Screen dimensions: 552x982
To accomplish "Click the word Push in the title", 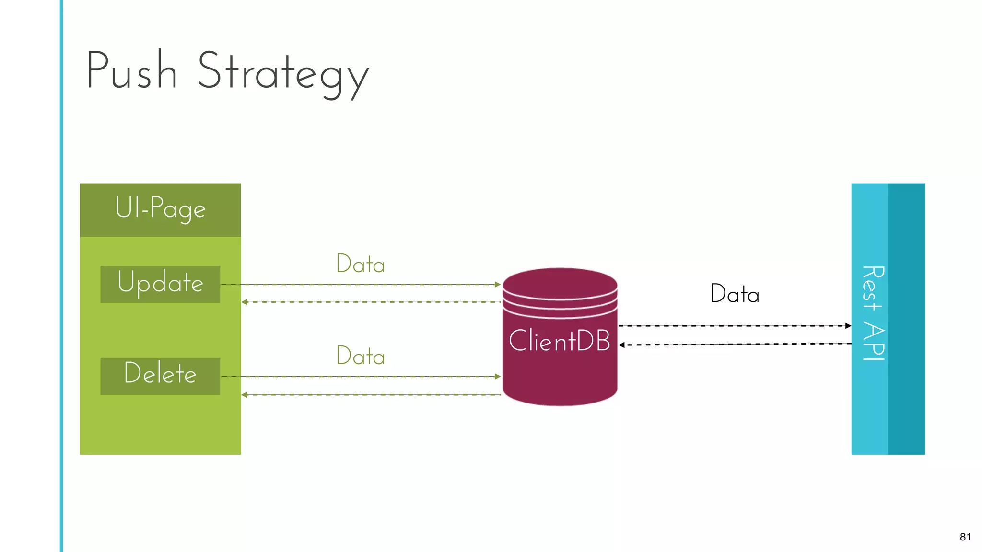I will [x=132, y=71].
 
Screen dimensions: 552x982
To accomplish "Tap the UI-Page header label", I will [x=160, y=208].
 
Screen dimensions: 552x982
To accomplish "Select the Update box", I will [x=160, y=284].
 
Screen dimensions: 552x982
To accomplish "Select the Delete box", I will [x=160, y=376].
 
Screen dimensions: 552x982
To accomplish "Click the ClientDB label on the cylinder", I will [x=559, y=341].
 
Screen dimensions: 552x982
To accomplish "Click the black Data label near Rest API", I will [x=735, y=294].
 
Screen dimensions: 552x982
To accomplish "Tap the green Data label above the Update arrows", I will [x=361, y=264].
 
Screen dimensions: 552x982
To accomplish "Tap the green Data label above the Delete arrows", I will [x=361, y=356].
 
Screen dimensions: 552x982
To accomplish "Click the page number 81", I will [x=965, y=537].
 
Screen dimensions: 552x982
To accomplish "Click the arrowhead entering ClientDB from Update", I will [x=498, y=285].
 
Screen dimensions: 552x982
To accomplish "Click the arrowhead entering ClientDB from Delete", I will [x=498, y=377].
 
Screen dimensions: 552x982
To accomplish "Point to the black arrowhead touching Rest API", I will [x=848, y=326].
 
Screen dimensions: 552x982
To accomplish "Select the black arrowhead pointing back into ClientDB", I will [x=621, y=345].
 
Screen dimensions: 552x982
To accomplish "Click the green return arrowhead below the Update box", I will [x=244, y=302].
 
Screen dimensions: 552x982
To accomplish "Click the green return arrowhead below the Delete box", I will [x=244, y=395].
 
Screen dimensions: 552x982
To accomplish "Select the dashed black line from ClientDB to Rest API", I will [x=734, y=326].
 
